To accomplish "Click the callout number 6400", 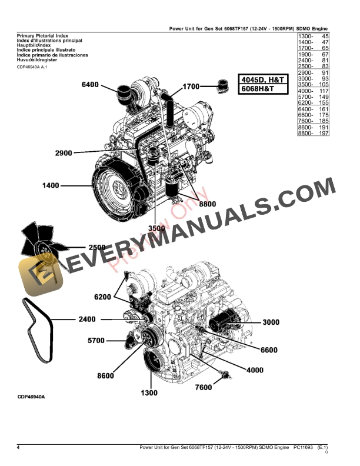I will (90, 85).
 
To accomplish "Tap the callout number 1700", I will (192, 86).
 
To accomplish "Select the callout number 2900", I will (64, 153).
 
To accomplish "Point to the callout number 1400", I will (51, 186).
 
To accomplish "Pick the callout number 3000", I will (271, 322).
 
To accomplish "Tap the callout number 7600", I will (203, 387).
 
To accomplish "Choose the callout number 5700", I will (96, 340).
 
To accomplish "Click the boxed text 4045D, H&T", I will (263, 79).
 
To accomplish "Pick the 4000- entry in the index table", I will (305, 91).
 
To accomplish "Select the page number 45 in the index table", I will (325, 36).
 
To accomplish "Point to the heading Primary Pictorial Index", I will (40, 36).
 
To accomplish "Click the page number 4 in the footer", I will (18, 449).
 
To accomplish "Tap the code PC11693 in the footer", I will (305, 449).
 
